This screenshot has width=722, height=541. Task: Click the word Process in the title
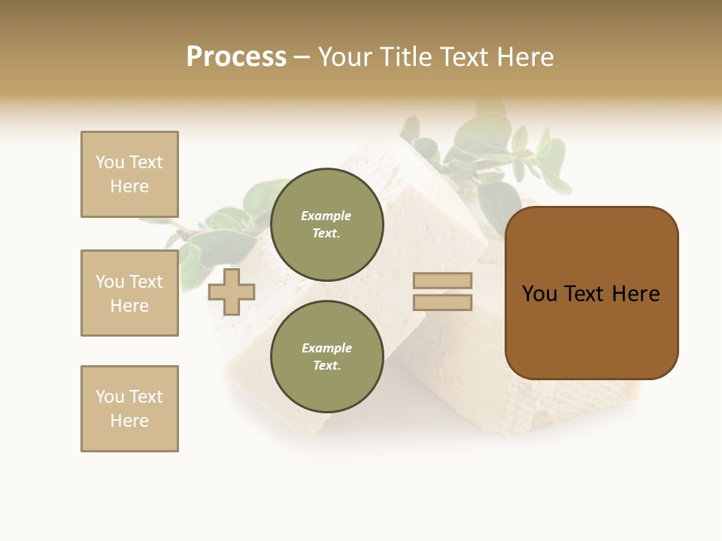coord(236,57)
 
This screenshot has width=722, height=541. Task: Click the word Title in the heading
coord(405,57)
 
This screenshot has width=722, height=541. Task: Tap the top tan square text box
coord(129,174)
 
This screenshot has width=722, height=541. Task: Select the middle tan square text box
coord(129,293)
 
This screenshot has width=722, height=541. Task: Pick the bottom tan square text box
coord(129,409)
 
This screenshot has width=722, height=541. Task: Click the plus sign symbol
coord(232,292)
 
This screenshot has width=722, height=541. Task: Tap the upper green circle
coord(326,225)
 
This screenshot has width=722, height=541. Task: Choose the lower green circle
coord(326,357)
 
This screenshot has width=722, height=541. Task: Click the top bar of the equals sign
coord(442,281)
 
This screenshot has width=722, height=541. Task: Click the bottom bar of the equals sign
coord(442,302)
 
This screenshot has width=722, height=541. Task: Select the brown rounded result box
coord(591,331)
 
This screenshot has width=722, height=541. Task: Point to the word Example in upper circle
coord(326,216)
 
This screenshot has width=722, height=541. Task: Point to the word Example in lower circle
coord(326,348)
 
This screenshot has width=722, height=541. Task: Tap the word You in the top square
coord(110,162)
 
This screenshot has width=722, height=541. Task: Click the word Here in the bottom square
coord(129,421)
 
